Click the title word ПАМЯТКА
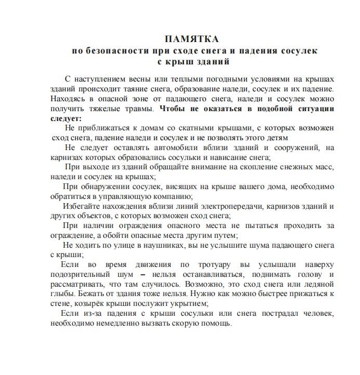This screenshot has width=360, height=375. (x=191, y=40)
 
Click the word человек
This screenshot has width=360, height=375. (x=317, y=314)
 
